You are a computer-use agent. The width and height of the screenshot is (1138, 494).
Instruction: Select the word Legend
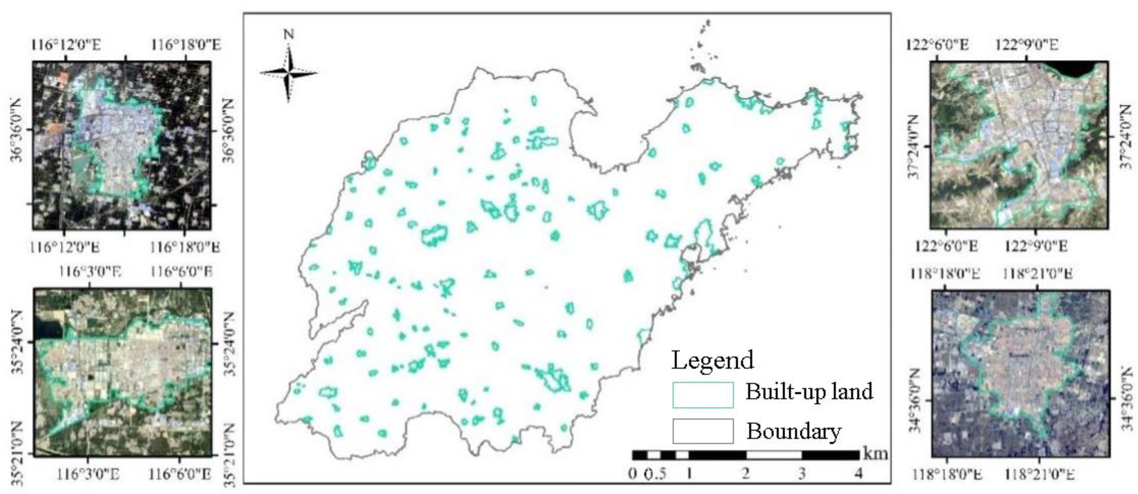pyautogui.click(x=712, y=360)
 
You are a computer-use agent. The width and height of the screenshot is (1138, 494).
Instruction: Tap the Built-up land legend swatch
pyautogui.click(x=703, y=395)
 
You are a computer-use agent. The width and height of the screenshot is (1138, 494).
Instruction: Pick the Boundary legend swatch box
pyautogui.click(x=703, y=431)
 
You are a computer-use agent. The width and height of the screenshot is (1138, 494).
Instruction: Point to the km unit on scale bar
pyautogui.click(x=875, y=454)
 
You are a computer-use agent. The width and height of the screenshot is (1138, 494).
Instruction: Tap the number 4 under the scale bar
pyautogui.click(x=858, y=474)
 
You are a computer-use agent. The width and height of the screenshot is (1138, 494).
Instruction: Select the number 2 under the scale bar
pyautogui.click(x=746, y=474)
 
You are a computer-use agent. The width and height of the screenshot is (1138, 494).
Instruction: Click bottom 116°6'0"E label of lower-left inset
pyautogui.click(x=180, y=475)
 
